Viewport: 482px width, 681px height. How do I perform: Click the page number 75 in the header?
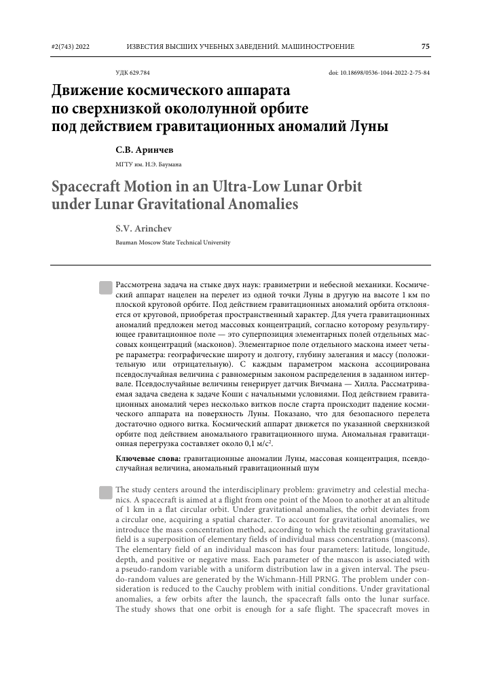pyautogui.click(x=425, y=47)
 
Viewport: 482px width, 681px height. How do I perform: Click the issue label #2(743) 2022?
pyautogui.click(x=70, y=47)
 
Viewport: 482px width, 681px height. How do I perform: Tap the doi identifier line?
pyautogui.click(x=379, y=73)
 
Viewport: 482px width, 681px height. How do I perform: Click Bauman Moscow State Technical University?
pyautogui.click(x=173, y=242)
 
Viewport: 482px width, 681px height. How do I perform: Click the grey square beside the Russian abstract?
pyautogui.click(x=105, y=289)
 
